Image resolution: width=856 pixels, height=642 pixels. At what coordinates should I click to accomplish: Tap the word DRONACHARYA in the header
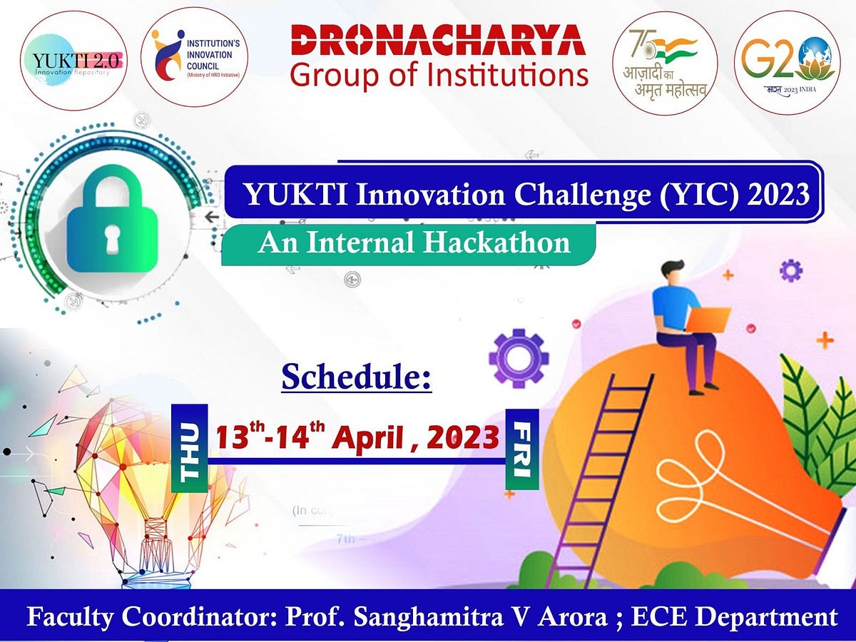pos(439,41)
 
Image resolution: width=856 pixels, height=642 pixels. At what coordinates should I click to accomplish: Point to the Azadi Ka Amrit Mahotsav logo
pos(665,62)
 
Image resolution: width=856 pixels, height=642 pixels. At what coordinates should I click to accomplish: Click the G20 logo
pos(787,62)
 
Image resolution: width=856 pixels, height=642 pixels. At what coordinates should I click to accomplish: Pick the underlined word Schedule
pos(357,376)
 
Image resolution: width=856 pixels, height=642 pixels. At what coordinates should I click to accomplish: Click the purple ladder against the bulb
pos(603,471)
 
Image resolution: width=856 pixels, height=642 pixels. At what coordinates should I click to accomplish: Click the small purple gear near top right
pos(790,270)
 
